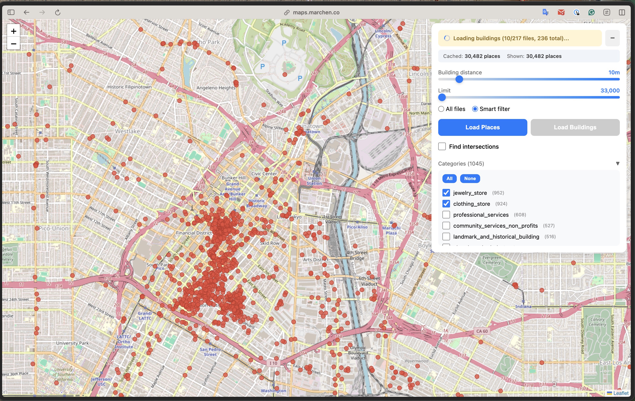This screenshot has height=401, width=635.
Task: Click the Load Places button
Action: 482,127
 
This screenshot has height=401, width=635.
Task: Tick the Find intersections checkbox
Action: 442,147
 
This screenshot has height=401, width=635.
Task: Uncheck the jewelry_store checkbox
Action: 446,193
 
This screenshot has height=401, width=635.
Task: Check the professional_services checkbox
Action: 446,215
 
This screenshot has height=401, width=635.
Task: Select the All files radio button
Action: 441,109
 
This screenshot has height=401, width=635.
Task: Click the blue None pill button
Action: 470,178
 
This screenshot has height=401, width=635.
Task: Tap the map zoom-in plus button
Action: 13,31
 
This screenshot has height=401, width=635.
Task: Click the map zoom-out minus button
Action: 13,44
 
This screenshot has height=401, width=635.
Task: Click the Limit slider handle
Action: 442,98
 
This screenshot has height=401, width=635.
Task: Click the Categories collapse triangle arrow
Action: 617,163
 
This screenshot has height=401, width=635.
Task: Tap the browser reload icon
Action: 58,12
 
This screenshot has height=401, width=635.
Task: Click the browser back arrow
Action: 26,12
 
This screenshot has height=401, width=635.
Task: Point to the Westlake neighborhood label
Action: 128,131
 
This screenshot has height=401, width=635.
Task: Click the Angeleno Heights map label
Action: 216,88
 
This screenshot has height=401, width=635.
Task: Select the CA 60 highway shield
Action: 482,331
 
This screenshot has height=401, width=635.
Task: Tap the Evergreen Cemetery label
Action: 492,260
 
